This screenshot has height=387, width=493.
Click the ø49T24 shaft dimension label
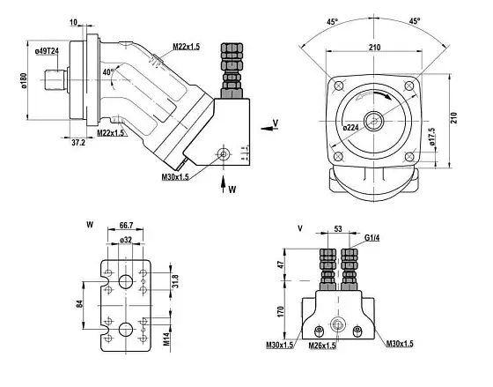point(47,51)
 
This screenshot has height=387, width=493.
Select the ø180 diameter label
point(25,80)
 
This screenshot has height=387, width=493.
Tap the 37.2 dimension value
point(78,143)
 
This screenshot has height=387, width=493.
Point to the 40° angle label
point(108,72)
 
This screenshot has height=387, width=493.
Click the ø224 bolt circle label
point(351,128)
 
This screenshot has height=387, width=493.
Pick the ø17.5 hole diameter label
point(432,137)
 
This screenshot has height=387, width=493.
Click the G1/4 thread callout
point(372,238)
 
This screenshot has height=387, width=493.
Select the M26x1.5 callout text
point(322,346)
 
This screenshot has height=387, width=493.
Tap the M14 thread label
point(166,339)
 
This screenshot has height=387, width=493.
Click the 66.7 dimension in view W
point(126,226)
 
